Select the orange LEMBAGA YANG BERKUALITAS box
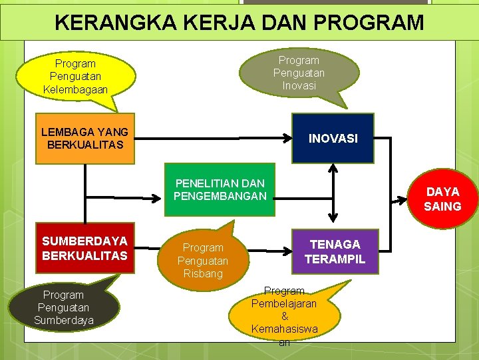pyautogui.click(x=84, y=138)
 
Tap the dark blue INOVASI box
pyautogui.click(x=333, y=138)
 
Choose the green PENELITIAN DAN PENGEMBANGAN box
pyautogui.click(x=220, y=189)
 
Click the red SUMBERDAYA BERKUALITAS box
pyautogui.click(x=84, y=247)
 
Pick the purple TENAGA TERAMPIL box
pyautogui.click(x=335, y=251)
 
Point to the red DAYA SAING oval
pyautogui.click(x=442, y=199)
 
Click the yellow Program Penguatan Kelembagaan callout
pyautogui.click(x=75, y=76)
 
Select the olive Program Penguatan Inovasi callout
pyautogui.click(x=299, y=73)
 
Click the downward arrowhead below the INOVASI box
pyautogui.click(x=333, y=218)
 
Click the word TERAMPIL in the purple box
pyautogui.click(x=335, y=259)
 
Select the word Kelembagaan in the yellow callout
pyautogui.click(x=75, y=89)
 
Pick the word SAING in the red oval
pyautogui.click(x=442, y=206)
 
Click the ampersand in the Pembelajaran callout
pyautogui.click(x=285, y=316)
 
